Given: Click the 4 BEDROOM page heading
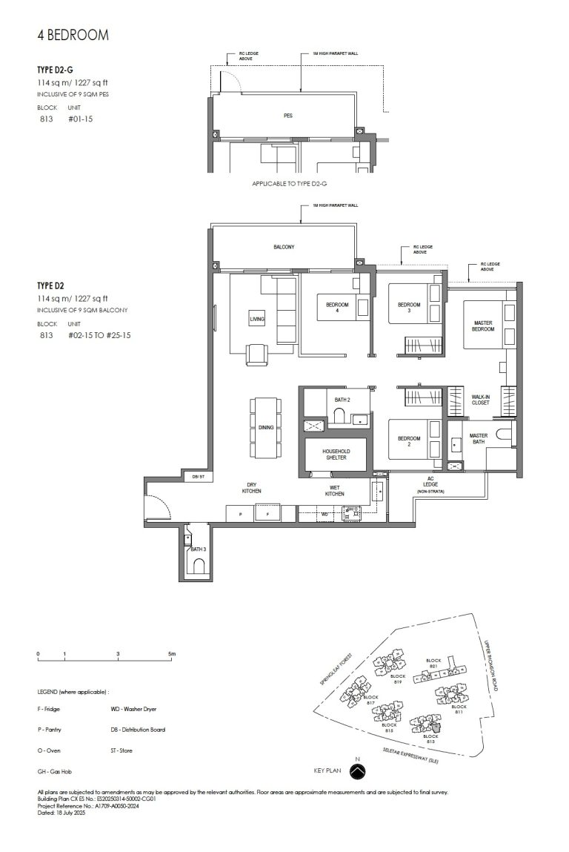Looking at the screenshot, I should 73,35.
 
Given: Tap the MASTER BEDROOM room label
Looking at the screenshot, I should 483,326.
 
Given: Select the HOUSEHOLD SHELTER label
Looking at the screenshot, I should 335,455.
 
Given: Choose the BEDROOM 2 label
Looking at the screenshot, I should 408,442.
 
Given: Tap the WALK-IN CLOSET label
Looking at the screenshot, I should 482,400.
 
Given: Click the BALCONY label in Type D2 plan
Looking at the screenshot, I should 284,248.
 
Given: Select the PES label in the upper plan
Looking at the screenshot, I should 287,116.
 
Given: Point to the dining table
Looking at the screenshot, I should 266,427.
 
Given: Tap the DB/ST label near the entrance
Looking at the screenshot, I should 198,477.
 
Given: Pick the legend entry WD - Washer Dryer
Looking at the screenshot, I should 133,710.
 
